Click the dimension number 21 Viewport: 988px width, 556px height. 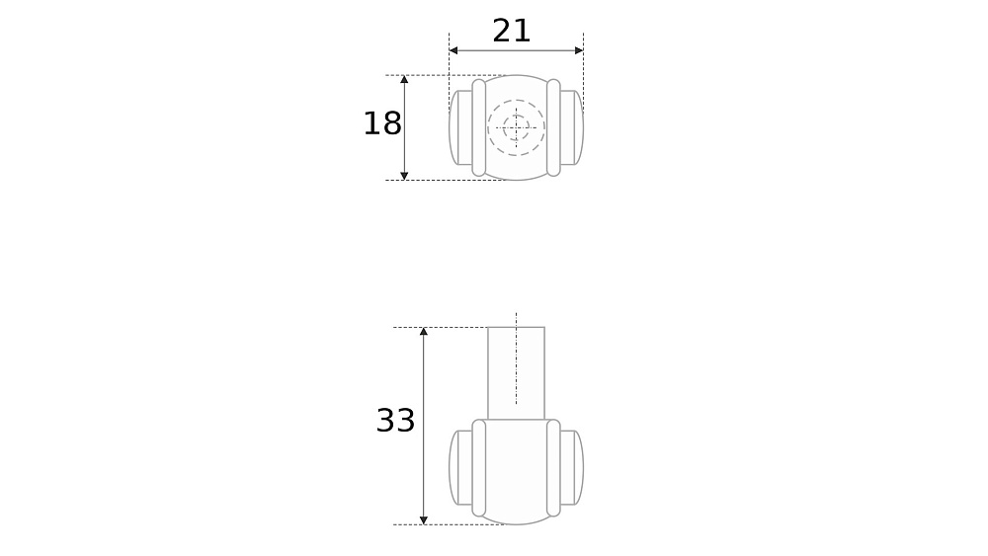coord(511,31)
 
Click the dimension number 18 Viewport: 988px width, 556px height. coord(382,123)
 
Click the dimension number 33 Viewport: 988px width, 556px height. coord(396,420)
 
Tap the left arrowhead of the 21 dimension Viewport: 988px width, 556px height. coord(453,50)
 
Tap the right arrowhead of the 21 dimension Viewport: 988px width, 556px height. coord(579,50)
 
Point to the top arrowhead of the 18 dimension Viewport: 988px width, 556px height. coord(404,79)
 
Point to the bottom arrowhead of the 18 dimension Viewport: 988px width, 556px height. coord(404,176)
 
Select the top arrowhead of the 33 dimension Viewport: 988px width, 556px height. coord(424,331)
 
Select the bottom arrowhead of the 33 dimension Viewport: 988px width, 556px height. coord(424,520)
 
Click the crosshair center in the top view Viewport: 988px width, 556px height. coord(516,127)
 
